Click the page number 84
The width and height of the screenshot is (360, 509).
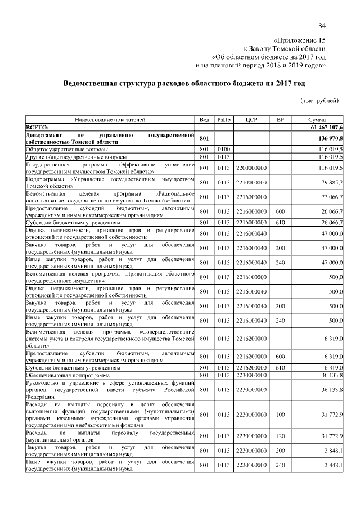(x=322, y=26)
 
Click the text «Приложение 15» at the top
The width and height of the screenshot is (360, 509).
(x=299, y=41)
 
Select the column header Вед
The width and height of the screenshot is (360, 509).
(x=205, y=120)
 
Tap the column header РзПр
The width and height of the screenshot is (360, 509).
(x=224, y=120)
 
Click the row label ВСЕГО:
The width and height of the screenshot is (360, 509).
(x=38, y=128)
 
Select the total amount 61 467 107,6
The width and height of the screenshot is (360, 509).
(x=324, y=128)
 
